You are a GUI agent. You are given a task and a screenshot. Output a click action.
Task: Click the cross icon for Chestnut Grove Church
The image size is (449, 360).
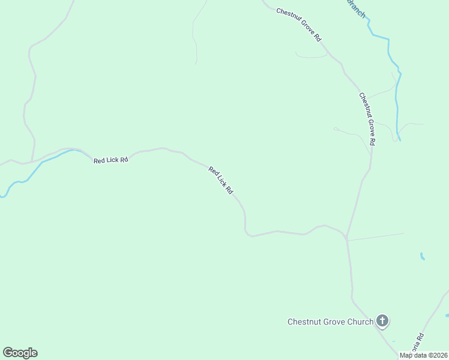[x=382, y=321]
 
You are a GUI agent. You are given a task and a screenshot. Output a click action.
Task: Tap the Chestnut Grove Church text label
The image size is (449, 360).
[x=330, y=322]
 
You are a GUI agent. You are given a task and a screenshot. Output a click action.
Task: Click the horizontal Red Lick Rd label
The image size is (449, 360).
[x=111, y=160]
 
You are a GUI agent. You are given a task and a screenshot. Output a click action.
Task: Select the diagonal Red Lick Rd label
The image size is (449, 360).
[x=221, y=180]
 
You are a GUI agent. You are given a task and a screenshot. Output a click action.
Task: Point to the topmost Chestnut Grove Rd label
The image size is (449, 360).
[x=300, y=25]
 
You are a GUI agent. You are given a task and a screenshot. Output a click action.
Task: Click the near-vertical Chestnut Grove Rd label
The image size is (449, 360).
[x=367, y=119]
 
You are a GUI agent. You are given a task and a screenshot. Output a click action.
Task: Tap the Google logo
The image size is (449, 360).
[x=20, y=353]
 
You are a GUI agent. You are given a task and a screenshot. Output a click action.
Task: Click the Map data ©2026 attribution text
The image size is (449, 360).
[x=423, y=355]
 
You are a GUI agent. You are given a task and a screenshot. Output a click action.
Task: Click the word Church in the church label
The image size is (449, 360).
[x=360, y=322]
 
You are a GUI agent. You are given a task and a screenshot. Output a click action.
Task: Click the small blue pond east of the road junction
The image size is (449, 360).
[x=423, y=256]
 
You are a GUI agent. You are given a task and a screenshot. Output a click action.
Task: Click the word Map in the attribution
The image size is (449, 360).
[x=406, y=355]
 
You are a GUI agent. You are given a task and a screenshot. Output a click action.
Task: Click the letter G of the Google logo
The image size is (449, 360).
[x=8, y=353]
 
